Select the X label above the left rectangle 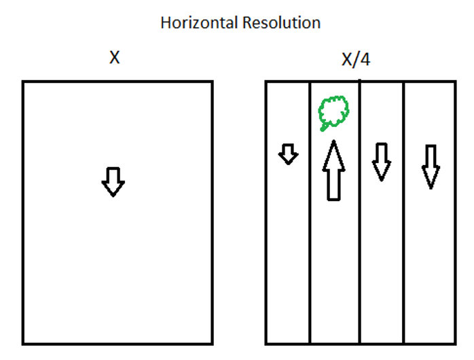(115, 58)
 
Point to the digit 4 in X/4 (365, 60)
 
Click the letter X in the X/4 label (347, 60)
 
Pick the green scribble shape (333, 112)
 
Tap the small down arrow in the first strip (289, 154)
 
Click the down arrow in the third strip (382, 162)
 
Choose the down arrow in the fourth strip (429, 166)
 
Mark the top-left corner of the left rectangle (23, 82)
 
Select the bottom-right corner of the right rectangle (455, 342)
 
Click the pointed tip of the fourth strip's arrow (429, 186)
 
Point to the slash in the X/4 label (357, 60)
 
